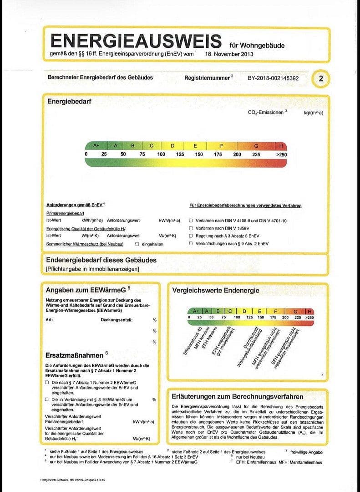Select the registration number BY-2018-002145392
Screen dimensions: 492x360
(273, 78)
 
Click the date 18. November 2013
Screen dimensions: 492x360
(229, 54)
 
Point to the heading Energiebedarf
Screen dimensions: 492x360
(69, 101)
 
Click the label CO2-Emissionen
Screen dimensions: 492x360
(266, 113)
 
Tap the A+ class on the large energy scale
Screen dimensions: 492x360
(96, 146)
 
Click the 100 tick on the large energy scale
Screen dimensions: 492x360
(161, 154)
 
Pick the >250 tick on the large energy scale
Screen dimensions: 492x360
(281, 154)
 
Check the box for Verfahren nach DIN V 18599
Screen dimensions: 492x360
(191, 228)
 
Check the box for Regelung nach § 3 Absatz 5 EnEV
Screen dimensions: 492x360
(191, 236)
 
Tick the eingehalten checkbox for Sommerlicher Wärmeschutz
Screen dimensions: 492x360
(137, 244)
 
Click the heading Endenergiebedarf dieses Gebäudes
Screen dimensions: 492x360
(101, 260)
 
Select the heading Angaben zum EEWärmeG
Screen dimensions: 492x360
(85, 290)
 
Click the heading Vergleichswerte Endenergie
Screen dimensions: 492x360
(216, 290)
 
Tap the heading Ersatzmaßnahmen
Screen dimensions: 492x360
(75, 354)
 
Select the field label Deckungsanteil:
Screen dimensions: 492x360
(117, 320)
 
